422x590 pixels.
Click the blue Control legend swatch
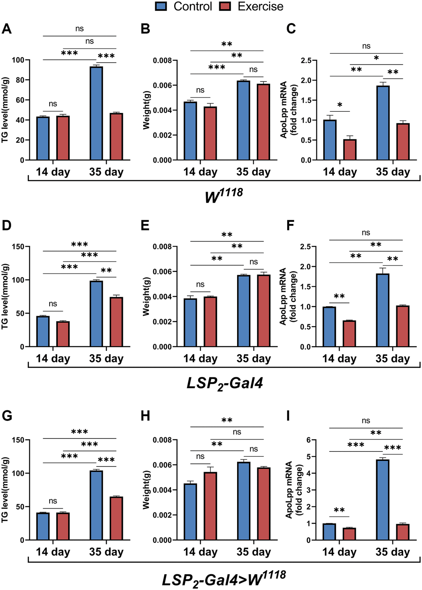point(161,6)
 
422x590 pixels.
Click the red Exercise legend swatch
point(225,6)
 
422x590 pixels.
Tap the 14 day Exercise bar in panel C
point(350,149)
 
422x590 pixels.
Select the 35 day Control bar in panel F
point(383,310)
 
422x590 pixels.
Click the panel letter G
point(7,415)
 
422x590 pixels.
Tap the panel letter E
point(145,225)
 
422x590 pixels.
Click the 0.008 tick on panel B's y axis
point(162,60)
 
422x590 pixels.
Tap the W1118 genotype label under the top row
point(224,195)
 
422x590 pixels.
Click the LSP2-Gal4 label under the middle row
point(225,383)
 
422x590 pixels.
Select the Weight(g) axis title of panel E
point(146,297)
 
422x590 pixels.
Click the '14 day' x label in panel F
point(339,358)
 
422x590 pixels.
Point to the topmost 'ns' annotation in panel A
point(79,29)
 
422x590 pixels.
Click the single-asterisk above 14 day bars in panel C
point(340,105)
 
